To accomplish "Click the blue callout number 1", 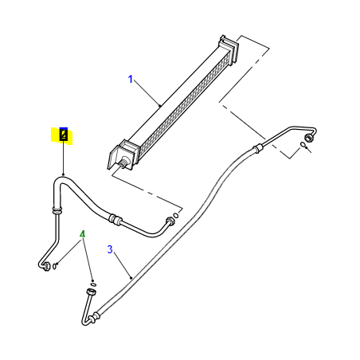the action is pyautogui.click(x=131, y=79).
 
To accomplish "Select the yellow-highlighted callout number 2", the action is pyautogui.click(x=64, y=135).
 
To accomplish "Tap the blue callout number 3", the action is pyautogui.click(x=110, y=249).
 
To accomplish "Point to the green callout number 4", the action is pyautogui.click(x=83, y=234).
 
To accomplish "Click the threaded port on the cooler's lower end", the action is pyautogui.click(x=123, y=164).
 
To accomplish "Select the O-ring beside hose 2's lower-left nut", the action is pyautogui.click(x=54, y=266).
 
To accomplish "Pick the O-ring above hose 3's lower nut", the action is pyautogui.click(x=93, y=285).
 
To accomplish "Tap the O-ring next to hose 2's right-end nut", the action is pyautogui.click(x=176, y=215).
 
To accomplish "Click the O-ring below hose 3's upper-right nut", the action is pyautogui.click(x=303, y=144).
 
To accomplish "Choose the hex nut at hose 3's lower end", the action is pyautogui.click(x=91, y=292).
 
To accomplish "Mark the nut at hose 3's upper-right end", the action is pyautogui.click(x=308, y=138).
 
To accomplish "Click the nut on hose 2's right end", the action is pyautogui.click(x=170, y=221).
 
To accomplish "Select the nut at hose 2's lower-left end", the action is pyautogui.click(x=46, y=266).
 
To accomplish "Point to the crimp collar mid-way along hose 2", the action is pyautogui.click(x=115, y=220).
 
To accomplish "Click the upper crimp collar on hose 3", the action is pyautogui.click(x=257, y=149).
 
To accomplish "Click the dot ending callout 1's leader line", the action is pyautogui.click(x=160, y=106).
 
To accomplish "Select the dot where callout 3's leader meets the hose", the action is pyautogui.click(x=131, y=278).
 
